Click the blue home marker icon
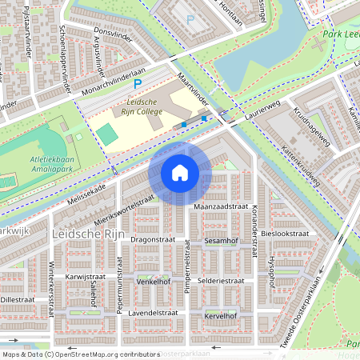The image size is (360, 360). [x=180, y=173]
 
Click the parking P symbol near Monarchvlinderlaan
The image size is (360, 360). [x=138, y=82]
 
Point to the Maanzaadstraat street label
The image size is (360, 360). [x=221, y=206]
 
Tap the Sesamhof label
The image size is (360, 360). [x=221, y=239]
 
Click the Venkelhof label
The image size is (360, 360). [x=154, y=282]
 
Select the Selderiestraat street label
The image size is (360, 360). [x=221, y=282]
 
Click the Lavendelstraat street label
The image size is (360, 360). [x=152, y=312]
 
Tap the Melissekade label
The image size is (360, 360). [x=86, y=190]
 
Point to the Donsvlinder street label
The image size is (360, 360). [x=111, y=34]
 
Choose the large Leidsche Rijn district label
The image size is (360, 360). [x=86, y=235]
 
